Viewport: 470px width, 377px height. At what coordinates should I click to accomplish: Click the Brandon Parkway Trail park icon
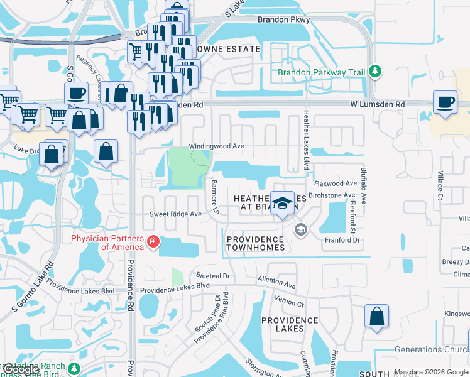point(375,71)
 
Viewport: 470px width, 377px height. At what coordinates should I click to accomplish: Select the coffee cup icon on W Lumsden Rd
point(445,102)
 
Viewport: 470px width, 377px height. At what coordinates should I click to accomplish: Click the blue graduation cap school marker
point(283,202)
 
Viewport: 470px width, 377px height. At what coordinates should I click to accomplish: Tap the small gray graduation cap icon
point(300,230)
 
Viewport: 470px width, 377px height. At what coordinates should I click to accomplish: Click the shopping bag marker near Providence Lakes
point(376,316)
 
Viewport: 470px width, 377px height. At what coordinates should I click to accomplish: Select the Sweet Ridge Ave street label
point(175,214)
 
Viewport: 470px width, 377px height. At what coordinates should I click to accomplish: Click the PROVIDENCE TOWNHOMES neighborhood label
point(255,243)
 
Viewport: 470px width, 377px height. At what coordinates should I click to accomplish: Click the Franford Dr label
point(341,240)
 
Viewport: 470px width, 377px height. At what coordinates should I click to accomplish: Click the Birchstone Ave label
point(334,195)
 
